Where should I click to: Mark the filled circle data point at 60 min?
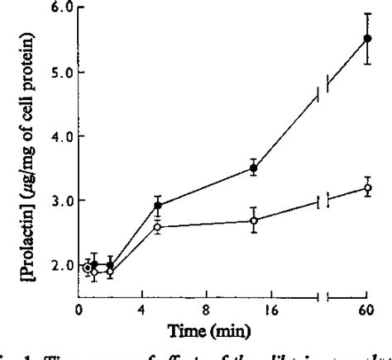coord(367,38)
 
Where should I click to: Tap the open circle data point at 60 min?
coord(367,188)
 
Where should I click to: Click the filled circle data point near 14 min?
coord(254,168)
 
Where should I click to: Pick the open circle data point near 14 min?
coord(254,220)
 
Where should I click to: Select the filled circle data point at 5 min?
coord(157,206)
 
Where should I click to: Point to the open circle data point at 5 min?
coord(157,227)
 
